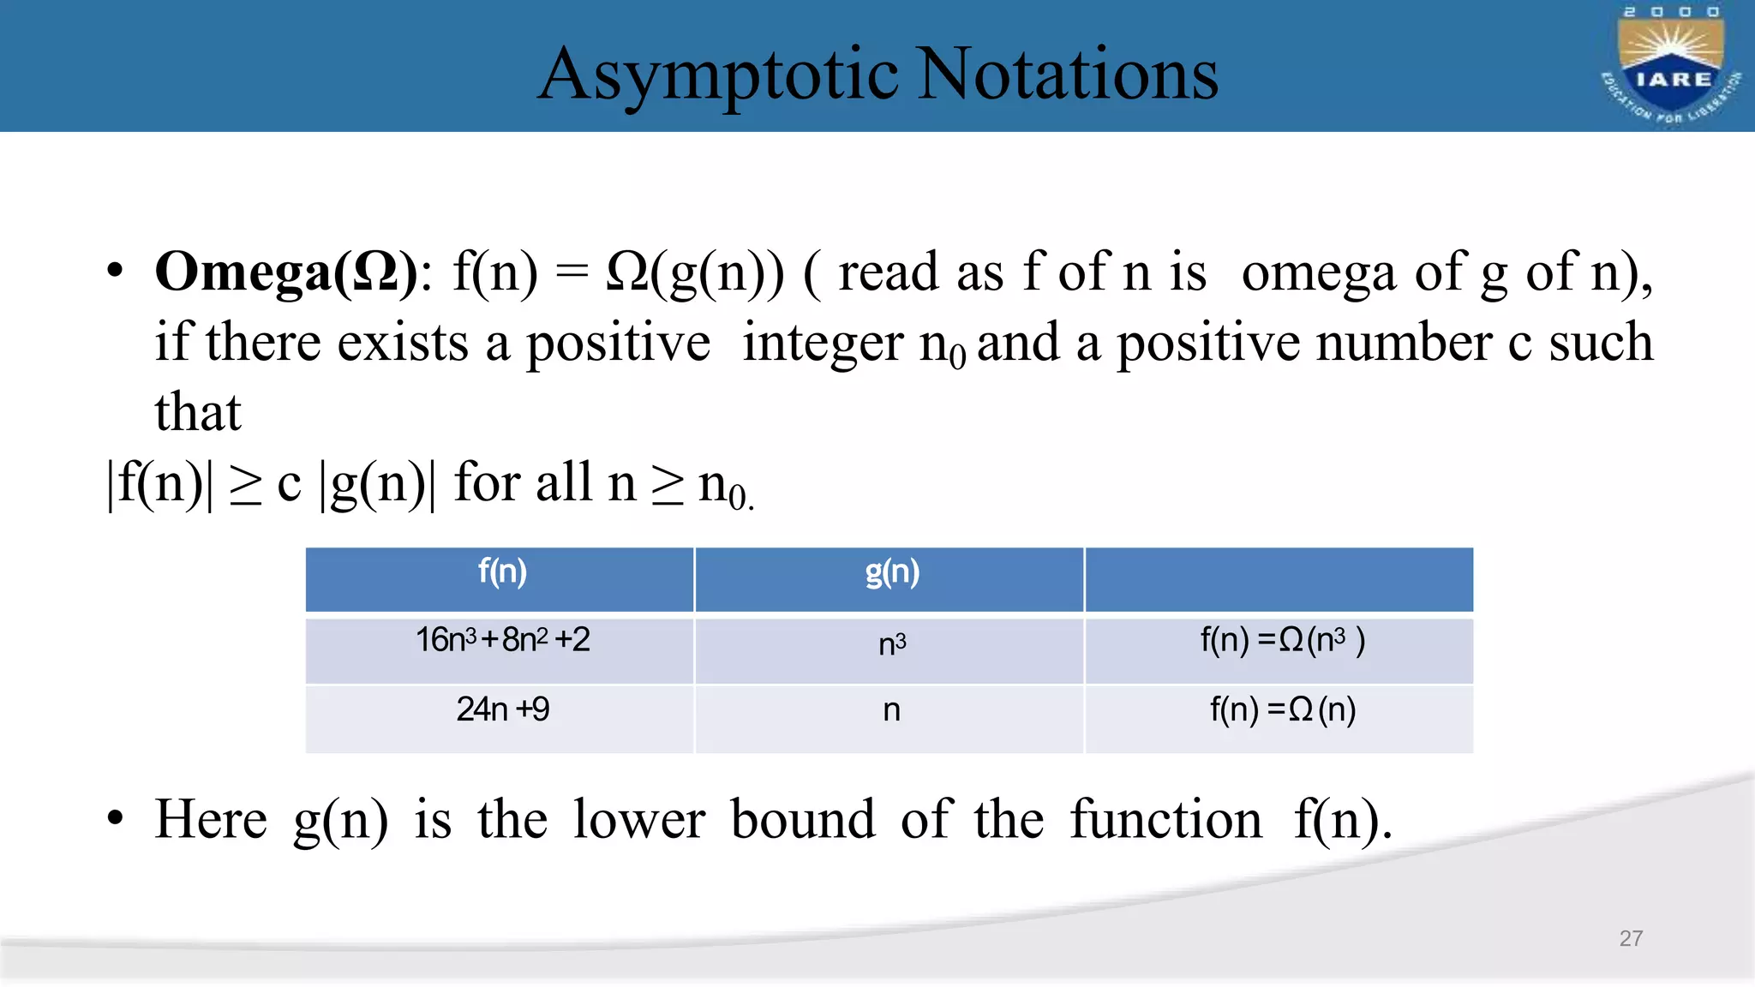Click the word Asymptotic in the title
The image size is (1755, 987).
point(718,75)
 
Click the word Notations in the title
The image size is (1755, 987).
point(1068,75)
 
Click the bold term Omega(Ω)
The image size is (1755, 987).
point(286,272)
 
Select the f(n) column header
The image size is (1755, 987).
point(502,572)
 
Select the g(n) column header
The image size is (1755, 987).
point(891,572)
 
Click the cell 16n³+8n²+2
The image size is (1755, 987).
point(502,641)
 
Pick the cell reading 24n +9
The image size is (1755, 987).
point(502,710)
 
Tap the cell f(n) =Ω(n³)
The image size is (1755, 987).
point(1282,641)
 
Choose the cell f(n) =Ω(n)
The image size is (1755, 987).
point(1282,710)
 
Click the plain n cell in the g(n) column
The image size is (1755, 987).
point(891,710)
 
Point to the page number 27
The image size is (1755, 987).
point(1631,938)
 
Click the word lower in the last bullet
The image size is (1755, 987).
point(639,819)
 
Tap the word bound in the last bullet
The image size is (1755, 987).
point(803,819)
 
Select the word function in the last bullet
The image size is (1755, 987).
point(1166,819)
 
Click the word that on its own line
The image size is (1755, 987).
point(198,413)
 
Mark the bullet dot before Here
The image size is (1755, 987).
point(116,819)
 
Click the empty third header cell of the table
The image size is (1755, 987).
point(1279,579)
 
